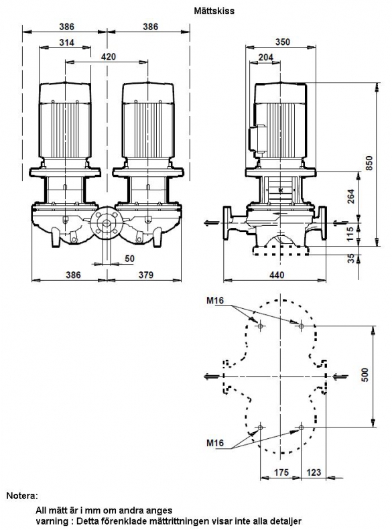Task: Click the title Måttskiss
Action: (x=214, y=11)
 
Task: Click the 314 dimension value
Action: (x=66, y=43)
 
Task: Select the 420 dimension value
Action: (x=108, y=57)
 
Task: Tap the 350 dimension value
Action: (x=283, y=42)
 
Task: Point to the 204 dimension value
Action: (x=265, y=58)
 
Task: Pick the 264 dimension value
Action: (x=351, y=196)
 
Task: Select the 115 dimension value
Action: (x=350, y=234)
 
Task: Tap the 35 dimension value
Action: (x=351, y=259)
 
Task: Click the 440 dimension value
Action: (x=277, y=275)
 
